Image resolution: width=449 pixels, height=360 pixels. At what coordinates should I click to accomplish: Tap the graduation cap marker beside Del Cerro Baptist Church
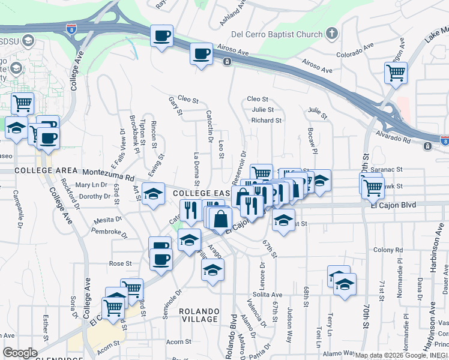tap(332, 34)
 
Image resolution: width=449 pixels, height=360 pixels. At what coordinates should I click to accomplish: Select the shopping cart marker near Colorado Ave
tap(396, 73)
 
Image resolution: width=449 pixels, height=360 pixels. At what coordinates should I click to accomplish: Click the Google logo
tap(20, 353)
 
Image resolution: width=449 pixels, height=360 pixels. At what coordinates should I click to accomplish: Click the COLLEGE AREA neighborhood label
tap(41, 170)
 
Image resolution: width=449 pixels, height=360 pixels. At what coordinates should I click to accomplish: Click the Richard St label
tap(267, 121)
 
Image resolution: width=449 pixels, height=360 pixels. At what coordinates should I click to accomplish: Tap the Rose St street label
tap(120, 263)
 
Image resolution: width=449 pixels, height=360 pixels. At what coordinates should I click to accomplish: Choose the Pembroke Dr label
tap(110, 232)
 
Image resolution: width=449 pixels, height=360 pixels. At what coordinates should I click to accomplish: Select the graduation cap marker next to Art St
tap(154, 193)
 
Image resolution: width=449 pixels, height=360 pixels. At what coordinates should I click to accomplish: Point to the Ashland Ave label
tap(234, 13)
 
